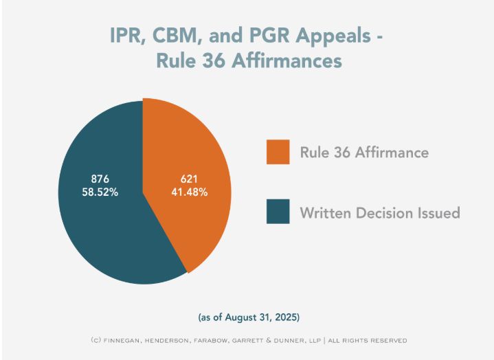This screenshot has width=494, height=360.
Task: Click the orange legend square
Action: click(278, 153)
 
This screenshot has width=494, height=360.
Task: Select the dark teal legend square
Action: click(278, 212)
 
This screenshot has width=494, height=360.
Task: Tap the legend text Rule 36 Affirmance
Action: click(363, 153)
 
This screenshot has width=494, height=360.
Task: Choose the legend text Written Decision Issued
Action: click(379, 212)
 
